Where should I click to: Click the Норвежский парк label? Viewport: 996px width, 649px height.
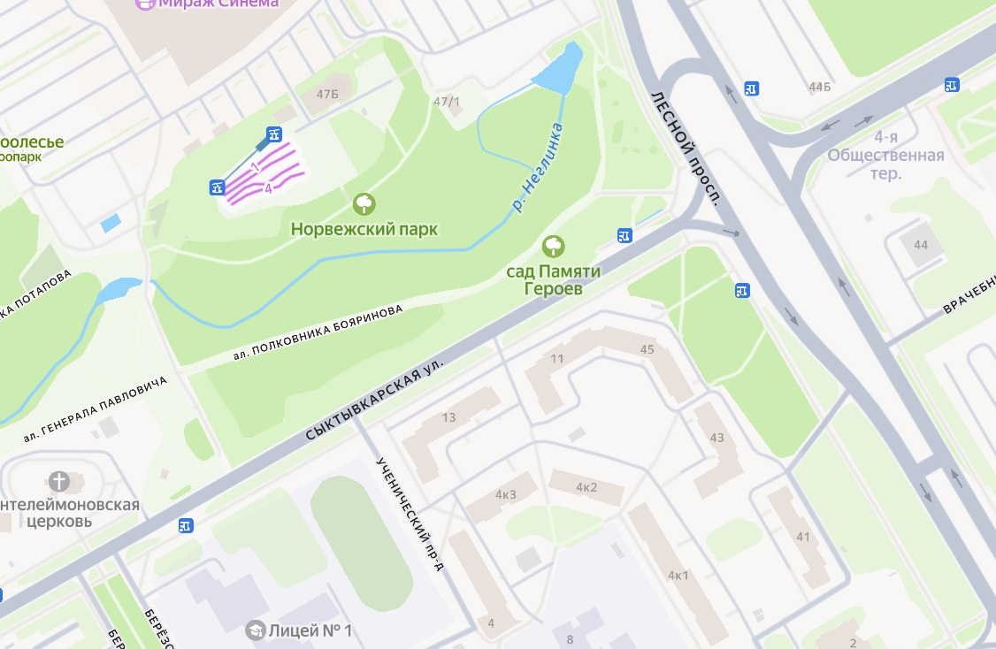364,229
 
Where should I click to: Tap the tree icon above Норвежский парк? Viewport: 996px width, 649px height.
364,205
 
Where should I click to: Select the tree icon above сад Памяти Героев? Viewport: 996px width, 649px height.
554,247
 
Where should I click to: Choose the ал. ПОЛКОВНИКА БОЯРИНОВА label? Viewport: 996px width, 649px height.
318,332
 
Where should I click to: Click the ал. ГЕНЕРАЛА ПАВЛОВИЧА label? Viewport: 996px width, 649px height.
96,408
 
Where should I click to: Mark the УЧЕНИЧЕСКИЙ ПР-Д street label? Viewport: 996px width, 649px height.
410,514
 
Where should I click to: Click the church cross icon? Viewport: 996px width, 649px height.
59,482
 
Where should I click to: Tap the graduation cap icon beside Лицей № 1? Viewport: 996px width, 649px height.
256,630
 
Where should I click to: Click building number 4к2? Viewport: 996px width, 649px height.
586,487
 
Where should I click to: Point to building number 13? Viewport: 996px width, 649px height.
449,417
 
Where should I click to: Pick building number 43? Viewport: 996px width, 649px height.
716,438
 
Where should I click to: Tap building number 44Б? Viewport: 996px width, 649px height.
820,87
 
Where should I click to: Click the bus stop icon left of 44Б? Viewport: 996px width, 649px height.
752,88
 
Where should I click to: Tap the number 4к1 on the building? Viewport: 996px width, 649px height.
678,576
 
